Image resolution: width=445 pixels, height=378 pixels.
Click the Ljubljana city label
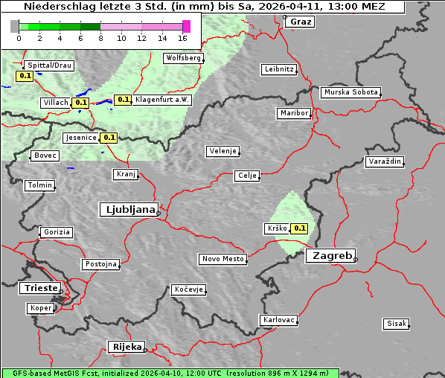pos(128,210)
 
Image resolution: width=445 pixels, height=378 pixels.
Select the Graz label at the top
pos(301,22)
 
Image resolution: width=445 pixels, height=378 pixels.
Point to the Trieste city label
pos(39,288)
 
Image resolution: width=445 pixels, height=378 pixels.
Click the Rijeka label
pos(127,347)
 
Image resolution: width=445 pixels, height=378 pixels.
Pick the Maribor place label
pos(293,113)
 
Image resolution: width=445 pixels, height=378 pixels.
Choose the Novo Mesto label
pos(222,259)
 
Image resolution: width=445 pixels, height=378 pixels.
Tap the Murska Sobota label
pos(350,92)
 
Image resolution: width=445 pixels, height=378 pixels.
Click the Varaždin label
pos(385,161)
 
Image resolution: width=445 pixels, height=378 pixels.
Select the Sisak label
pos(396,324)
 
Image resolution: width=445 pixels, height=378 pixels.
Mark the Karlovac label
pos(279,320)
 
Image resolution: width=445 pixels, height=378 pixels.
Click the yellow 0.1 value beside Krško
pos(299,228)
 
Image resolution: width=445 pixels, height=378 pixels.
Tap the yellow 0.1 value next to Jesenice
pos(109,138)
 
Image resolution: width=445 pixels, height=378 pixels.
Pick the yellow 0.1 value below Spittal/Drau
pos(24,76)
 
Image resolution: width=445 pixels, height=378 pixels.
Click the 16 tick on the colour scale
pos(182,38)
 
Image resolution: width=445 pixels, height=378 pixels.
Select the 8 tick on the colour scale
pos(100,38)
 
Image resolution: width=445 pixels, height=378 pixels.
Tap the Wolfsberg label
pos(183,58)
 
